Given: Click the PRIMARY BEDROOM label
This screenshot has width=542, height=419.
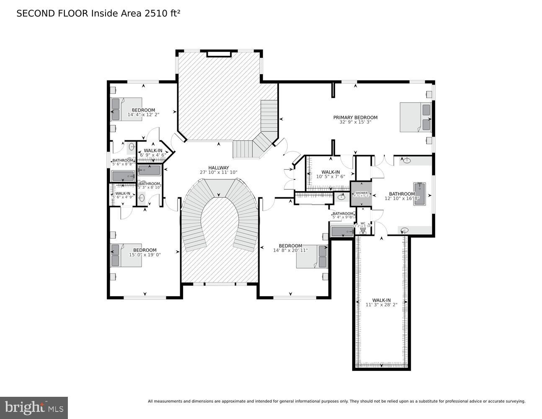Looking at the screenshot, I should point(355,117).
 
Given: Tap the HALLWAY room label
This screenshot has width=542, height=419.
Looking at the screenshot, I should point(219,168).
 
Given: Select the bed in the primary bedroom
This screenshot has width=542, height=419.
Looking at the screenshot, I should point(415,117).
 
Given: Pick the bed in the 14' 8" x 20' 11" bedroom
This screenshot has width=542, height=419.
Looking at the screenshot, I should point(312,256).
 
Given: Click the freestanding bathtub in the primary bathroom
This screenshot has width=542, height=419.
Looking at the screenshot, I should point(419,194).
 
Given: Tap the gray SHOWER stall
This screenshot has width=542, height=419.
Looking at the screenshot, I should point(361,194).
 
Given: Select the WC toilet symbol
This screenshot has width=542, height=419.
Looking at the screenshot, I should point(363,230).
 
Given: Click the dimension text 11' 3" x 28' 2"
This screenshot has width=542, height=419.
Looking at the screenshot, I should point(381,305).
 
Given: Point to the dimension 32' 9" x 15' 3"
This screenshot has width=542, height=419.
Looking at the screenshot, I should point(355,122).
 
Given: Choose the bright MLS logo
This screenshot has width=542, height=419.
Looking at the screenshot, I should point(34,407).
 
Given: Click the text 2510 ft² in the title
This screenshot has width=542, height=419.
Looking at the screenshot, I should point(163,13).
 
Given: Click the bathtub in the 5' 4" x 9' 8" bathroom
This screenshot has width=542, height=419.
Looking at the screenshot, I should point(342,232).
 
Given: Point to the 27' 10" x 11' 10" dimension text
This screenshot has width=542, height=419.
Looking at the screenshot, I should point(219,172).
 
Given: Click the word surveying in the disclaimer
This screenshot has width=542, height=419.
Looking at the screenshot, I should point(513,401).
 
